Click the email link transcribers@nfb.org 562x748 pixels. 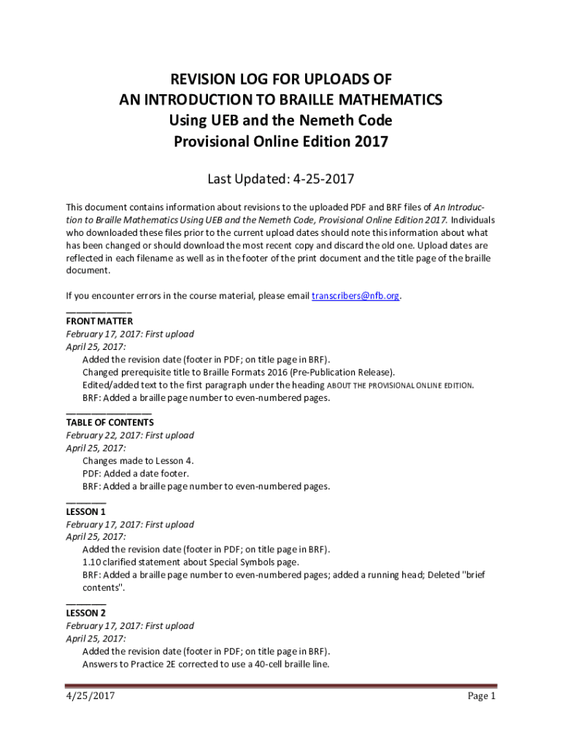(x=356, y=296)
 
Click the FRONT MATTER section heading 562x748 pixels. (x=99, y=321)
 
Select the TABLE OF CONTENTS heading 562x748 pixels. (x=109, y=422)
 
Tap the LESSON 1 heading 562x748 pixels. (x=86, y=511)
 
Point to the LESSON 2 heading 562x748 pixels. (x=86, y=613)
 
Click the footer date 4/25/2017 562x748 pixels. (x=91, y=696)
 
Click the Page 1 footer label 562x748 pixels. (x=482, y=696)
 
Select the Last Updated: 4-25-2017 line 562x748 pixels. (x=281, y=178)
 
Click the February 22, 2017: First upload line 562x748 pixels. (x=130, y=435)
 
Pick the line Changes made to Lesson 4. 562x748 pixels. (x=138, y=461)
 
